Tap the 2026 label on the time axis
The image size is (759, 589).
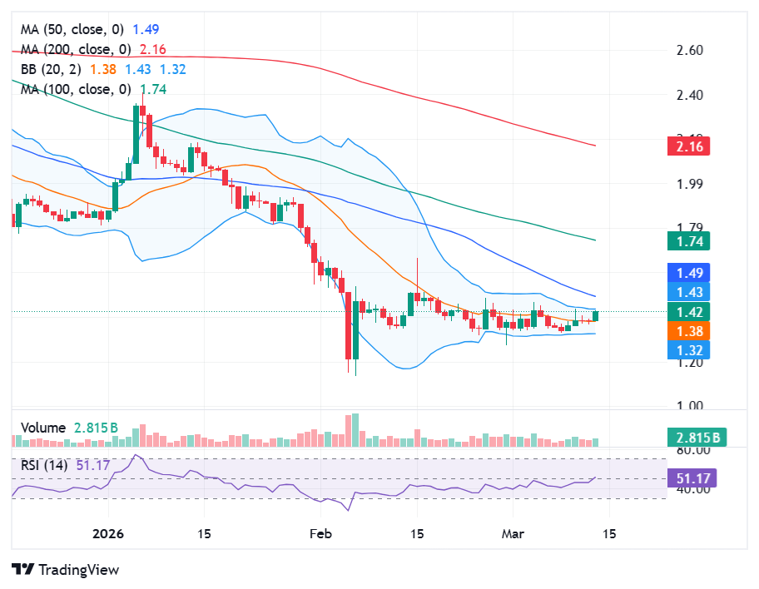(108, 533)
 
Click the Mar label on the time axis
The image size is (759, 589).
(513, 533)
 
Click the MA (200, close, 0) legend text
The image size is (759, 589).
(75, 49)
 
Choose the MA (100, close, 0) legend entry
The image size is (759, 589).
(75, 89)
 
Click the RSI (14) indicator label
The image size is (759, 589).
(46, 464)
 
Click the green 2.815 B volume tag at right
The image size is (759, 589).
(697, 438)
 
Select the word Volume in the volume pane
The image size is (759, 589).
(42, 428)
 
